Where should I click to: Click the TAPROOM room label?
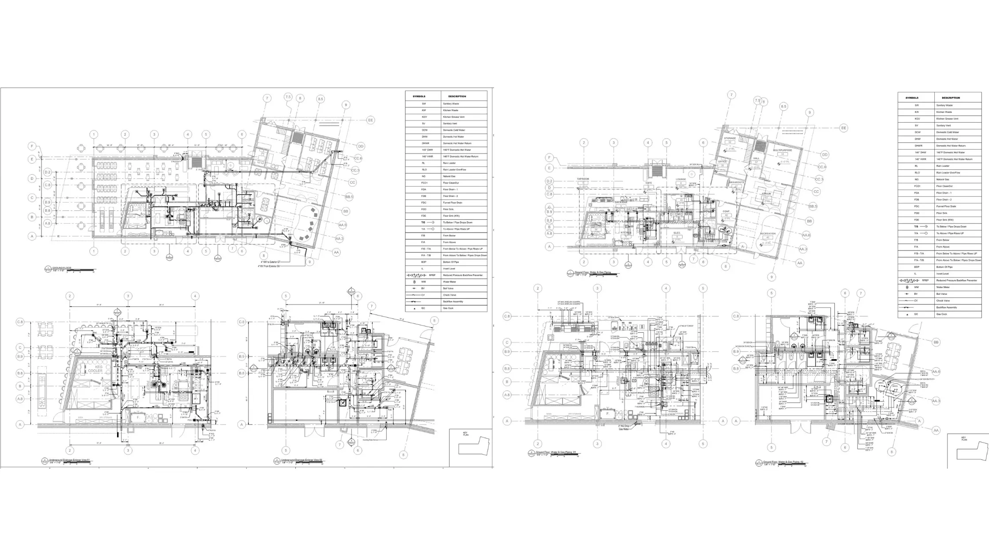point(583,179)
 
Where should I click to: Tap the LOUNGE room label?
point(681,179)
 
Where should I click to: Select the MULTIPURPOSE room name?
point(782,150)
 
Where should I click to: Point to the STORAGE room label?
point(730,139)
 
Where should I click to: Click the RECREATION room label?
point(768,234)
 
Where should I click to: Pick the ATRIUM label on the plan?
point(766,193)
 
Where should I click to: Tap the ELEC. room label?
point(677,233)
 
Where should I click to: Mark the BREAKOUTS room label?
point(736,182)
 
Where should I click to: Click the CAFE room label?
point(649,183)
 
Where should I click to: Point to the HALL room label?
point(756,158)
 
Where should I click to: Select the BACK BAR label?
point(621,202)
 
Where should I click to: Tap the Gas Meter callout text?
point(623,429)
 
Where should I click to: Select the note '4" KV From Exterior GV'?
point(270,267)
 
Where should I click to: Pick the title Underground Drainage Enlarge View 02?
point(302,460)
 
